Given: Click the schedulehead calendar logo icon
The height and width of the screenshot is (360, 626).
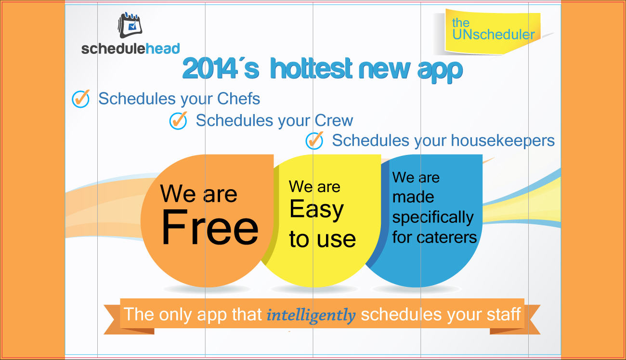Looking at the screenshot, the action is click(130, 25).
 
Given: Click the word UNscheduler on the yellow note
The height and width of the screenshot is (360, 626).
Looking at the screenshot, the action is click(494, 35).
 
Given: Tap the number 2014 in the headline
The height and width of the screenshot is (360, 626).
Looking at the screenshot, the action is click(209, 69).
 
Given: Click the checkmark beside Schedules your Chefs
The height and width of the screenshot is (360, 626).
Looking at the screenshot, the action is click(81, 99).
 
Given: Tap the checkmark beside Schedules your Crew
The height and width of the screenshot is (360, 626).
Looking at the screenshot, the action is click(178, 121).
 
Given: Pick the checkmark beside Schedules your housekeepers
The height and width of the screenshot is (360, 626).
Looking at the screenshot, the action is click(314, 141).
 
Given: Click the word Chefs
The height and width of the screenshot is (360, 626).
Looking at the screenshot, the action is click(239, 99).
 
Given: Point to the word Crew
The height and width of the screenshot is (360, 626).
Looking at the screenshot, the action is click(334, 120).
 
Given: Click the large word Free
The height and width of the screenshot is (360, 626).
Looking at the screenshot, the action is click(209, 228).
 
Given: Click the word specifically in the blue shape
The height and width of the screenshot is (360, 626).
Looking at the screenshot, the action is click(433, 218).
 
